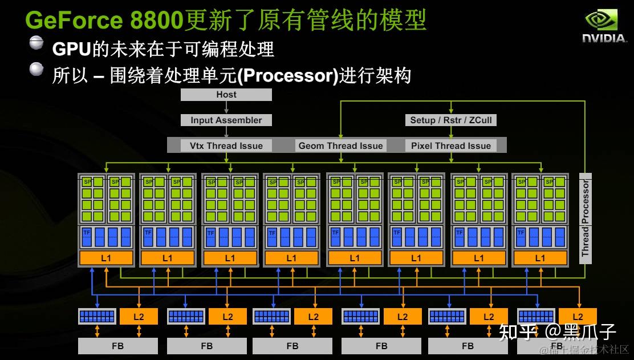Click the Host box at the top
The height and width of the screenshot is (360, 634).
coord(226,95)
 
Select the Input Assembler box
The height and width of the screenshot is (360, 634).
coord(226,120)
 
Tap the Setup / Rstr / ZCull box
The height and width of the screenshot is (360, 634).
coord(450,120)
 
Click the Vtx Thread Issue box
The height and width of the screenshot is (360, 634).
coord(226,145)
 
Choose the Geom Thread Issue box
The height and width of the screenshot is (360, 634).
coord(340,145)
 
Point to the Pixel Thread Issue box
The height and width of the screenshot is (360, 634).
coord(450,145)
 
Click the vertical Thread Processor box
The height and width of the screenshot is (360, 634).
coord(585,218)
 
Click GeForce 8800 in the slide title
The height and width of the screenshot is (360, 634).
coord(104,21)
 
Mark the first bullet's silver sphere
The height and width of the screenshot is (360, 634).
coord(36,43)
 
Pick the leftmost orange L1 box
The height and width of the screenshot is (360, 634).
coord(106,258)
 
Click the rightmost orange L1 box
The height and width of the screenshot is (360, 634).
coord(540,258)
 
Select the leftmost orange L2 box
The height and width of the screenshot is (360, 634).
coord(139,316)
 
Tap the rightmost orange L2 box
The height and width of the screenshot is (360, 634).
coord(578,316)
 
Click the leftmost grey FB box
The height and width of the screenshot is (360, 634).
coord(117,346)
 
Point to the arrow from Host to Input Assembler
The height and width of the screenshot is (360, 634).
coord(226,108)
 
